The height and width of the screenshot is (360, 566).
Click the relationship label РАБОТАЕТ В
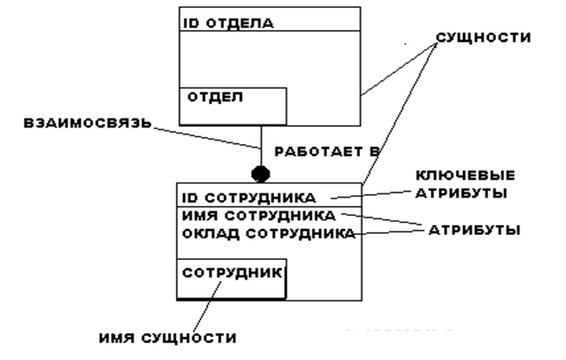325,152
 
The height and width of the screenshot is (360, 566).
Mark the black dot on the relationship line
261,174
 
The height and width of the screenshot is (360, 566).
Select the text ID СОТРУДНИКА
248,197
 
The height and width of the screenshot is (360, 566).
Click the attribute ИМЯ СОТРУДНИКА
259,216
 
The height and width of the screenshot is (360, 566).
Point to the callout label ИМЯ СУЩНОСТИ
167,338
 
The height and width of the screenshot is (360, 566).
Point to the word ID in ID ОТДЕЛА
188,22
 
